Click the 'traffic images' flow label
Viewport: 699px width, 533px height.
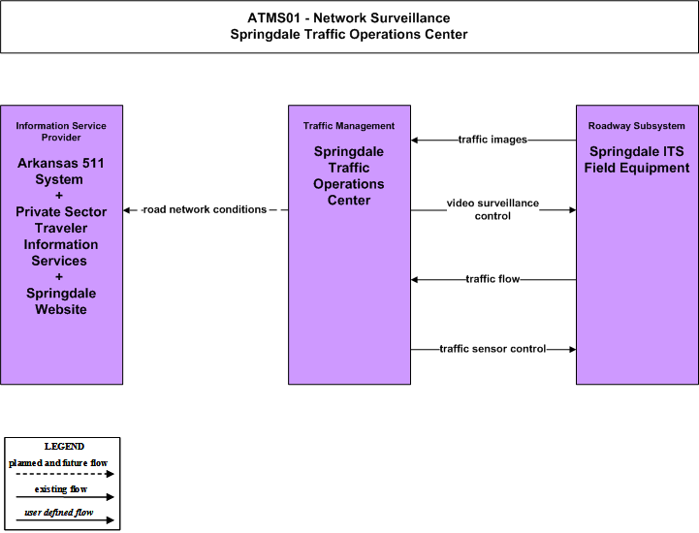pyautogui.click(x=492, y=140)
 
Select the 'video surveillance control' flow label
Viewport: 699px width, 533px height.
pyautogui.click(x=492, y=209)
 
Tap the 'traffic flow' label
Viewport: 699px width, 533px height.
pyautogui.click(x=492, y=279)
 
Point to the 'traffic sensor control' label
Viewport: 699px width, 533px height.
pyautogui.click(x=492, y=349)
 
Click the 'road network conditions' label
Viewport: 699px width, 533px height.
pyautogui.click(x=205, y=209)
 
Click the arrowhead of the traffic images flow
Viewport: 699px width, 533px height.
pyautogui.click(x=414, y=141)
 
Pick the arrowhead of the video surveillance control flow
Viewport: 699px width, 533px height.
pyautogui.click(x=573, y=210)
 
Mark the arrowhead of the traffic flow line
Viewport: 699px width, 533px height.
pyautogui.click(x=414, y=280)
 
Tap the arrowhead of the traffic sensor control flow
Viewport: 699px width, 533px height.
pyautogui.click(x=573, y=350)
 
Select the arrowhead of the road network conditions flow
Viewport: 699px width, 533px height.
pyautogui.click(x=126, y=210)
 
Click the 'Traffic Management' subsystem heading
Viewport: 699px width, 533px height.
pyautogui.click(x=349, y=126)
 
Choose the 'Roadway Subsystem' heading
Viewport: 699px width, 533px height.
pyautogui.click(x=637, y=126)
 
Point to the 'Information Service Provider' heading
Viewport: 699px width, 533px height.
pyautogui.click(x=61, y=132)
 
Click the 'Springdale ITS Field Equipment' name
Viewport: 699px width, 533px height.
pyautogui.click(x=637, y=160)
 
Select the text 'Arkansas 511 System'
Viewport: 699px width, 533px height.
pyautogui.click(x=60, y=172)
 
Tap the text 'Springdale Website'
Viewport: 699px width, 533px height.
pyautogui.click(x=61, y=301)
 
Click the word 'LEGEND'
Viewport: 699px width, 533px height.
pyautogui.click(x=64, y=446)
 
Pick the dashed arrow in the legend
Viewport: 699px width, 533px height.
pyautogui.click(x=65, y=474)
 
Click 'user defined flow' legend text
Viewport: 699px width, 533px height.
pyautogui.click(x=59, y=513)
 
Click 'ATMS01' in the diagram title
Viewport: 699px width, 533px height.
pyautogui.click(x=273, y=17)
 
